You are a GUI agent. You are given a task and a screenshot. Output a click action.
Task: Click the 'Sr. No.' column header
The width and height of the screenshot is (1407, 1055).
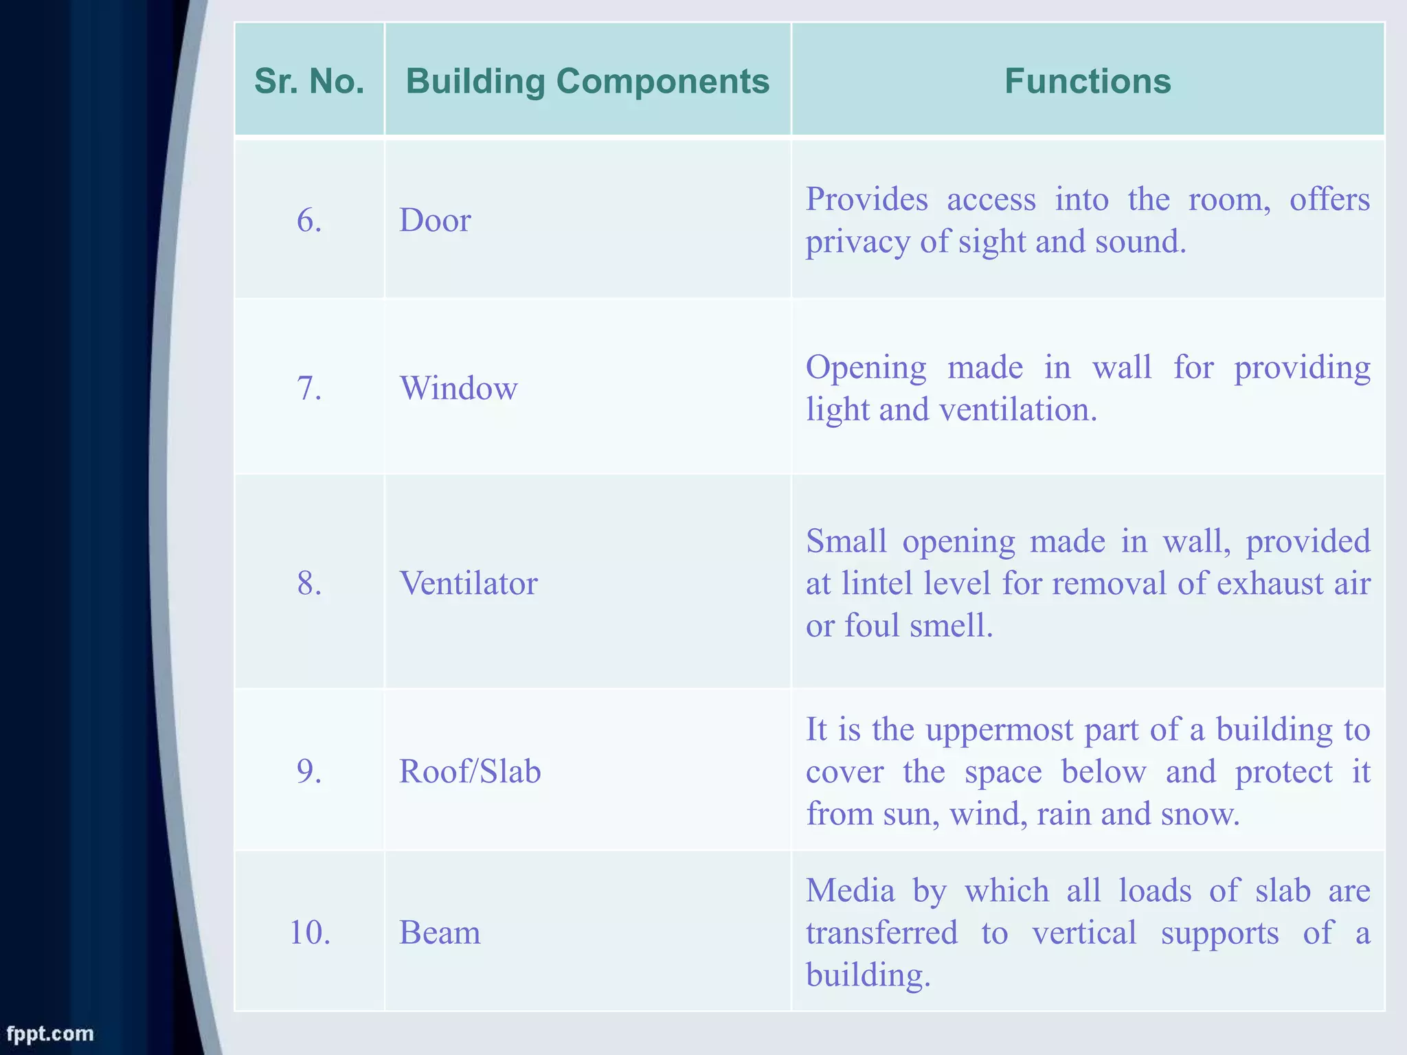(309, 81)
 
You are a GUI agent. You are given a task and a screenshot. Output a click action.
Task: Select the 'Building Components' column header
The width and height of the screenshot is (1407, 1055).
(587, 81)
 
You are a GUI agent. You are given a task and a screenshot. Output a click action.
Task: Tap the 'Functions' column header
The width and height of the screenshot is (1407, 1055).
(1088, 81)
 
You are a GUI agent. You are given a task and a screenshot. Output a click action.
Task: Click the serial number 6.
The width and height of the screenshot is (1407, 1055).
(309, 220)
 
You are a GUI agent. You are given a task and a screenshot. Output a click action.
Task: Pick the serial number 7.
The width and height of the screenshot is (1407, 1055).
(309, 388)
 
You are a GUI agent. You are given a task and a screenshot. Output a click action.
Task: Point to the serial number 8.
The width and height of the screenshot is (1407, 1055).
(309, 583)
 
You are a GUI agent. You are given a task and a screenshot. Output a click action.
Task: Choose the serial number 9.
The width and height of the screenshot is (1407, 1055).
(309, 771)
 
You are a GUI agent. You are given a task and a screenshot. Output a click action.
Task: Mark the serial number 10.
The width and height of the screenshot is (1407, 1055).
(310, 933)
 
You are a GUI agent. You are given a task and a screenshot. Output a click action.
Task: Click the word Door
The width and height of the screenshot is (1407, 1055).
(435, 220)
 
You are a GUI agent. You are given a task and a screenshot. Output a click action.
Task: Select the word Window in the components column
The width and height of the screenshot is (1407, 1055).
(458, 388)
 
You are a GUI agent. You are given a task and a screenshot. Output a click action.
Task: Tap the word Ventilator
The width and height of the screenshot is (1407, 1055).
(469, 583)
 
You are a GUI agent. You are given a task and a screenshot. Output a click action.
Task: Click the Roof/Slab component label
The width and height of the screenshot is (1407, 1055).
(470, 771)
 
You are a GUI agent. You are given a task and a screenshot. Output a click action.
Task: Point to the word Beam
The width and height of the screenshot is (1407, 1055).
(440, 933)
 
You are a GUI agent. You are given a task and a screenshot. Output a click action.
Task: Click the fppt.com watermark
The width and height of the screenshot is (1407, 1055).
(49, 1034)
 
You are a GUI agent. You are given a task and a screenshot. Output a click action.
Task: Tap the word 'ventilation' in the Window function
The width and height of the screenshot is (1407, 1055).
(1017, 410)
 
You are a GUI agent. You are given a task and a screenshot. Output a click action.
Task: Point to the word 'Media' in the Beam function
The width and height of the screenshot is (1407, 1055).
(850, 891)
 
